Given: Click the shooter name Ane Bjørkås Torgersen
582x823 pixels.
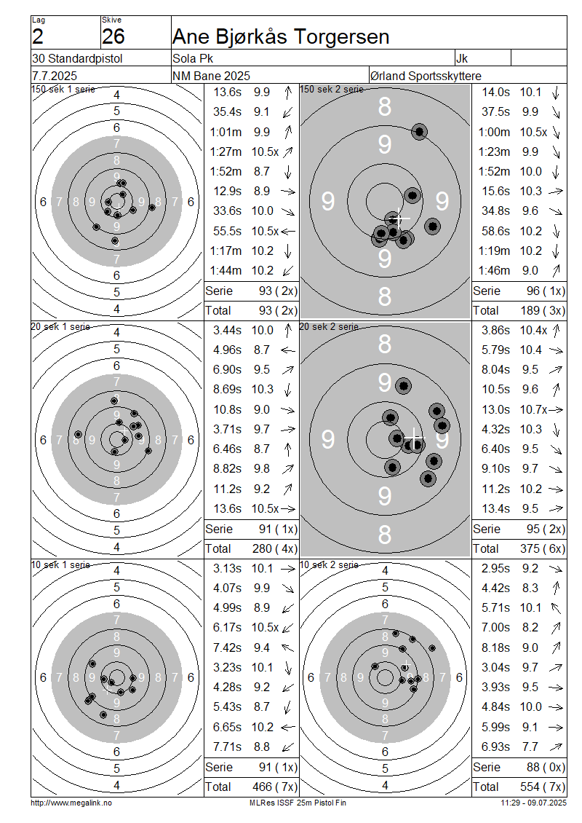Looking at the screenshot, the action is (x=281, y=36).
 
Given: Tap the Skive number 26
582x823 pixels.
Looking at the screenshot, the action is (x=113, y=36).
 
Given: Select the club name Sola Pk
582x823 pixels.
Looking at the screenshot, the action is (x=193, y=58).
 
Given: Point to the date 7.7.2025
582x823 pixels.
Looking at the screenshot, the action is (x=55, y=76).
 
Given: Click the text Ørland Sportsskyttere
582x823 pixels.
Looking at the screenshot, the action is (x=426, y=76).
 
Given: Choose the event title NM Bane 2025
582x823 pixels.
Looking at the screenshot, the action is (x=211, y=76).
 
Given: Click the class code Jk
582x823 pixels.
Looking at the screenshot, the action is (x=462, y=58).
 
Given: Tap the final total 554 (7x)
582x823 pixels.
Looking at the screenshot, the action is (x=543, y=787).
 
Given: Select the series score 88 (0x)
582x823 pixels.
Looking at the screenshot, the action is (x=546, y=767).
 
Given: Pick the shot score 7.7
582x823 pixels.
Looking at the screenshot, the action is (x=530, y=747).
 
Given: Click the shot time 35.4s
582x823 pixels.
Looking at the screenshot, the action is (x=227, y=112).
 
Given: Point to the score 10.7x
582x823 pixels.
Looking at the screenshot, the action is (x=533, y=409).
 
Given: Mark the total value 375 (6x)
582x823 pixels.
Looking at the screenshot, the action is (x=543, y=548).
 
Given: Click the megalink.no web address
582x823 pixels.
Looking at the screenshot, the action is (x=71, y=803).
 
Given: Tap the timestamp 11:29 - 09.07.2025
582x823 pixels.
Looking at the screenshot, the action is (x=534, y=803).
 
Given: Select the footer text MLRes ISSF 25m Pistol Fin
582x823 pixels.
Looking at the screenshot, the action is (x=298, y=803).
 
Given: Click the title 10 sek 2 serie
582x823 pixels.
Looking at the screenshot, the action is (x=330, y=564).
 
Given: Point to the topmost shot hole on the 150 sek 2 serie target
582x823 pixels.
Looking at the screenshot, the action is (x=420, y=131).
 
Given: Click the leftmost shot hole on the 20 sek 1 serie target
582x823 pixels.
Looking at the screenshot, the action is (x=78, y=435).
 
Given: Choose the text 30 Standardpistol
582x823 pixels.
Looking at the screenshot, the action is (x=77, y=58).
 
